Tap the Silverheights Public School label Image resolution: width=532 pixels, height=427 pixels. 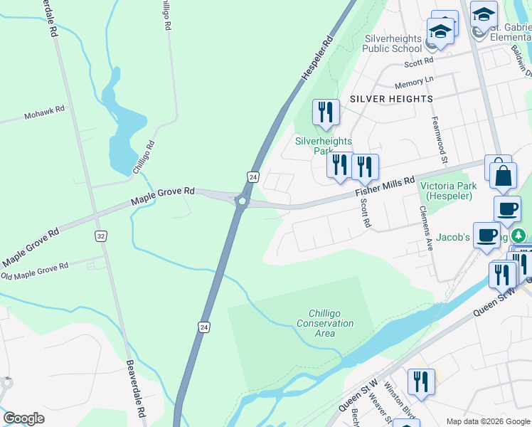click(x=393, y=43)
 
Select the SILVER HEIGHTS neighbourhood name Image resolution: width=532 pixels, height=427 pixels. click(x=390, y=99)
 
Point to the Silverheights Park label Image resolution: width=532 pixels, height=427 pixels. click(x=324, y=146)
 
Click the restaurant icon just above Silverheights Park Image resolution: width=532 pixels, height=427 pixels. click(x=326, y=112)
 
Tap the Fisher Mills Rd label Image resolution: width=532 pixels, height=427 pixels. click(x=385, y=187)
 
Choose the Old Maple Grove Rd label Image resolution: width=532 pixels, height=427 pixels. click(x=34, y=270)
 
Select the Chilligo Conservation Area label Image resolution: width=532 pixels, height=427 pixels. click(x=331, y=323)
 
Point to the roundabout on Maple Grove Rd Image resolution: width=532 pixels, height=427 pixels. click(x=243, y=202)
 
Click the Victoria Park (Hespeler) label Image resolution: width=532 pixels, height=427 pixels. click(x=447, y=191)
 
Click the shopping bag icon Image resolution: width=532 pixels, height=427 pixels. click(x=502, y=177)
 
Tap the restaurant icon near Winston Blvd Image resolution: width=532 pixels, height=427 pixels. click(x=421, y=382)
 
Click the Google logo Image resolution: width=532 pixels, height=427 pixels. click(x=23, y=418)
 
